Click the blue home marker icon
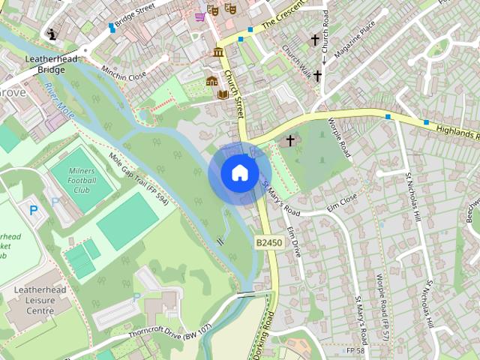[239, 172]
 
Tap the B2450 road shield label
[268, 243]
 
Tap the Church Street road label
[234, 94]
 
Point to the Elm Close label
[340, 201]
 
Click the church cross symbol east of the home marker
[290, 140]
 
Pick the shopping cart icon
[199, 16]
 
